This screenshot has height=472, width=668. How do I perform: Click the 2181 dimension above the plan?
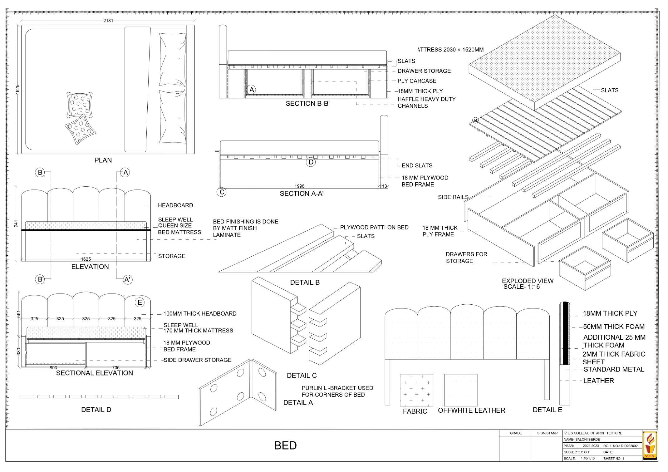tap(108, 21)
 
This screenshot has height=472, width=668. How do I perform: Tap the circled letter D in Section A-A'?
tap(311, 162)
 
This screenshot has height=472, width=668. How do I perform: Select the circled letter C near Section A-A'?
tap(222, 192)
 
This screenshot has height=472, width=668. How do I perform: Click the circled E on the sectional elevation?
tap(140, 302)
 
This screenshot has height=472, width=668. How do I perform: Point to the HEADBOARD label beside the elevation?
tap(175, 205)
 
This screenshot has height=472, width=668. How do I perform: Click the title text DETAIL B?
tap(305, 283)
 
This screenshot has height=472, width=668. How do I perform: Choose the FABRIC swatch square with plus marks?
tap(416, 390)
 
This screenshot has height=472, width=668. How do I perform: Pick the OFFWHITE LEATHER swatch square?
tap(460, 390)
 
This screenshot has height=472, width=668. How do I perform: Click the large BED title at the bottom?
tap(285, 445)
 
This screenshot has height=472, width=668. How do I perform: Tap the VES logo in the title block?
tap(650, 445)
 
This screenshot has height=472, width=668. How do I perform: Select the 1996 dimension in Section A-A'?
tap(299, 186)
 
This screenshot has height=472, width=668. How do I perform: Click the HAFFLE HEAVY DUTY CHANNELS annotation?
tap(426, 102)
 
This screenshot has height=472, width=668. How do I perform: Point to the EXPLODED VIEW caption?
tap(528, 281)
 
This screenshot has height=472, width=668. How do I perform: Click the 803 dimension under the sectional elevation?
tap(53, 368)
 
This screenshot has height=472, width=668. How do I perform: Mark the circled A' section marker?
tap(127, 280)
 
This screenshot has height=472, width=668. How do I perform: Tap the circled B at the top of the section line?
tap(40, 173)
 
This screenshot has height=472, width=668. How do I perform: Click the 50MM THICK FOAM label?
tap(613, 327)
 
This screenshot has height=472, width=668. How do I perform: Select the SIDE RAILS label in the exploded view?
tap(453, 197)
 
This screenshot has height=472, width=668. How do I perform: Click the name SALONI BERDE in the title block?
tap(583, 440)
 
